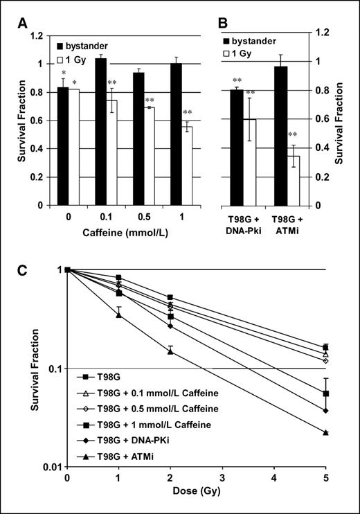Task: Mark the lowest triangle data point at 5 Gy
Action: (x=325, y=432)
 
